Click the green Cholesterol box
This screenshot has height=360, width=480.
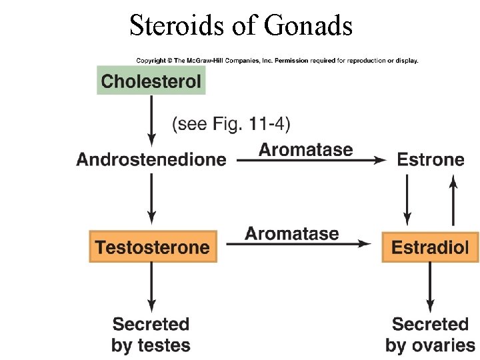click(x=151, y=81)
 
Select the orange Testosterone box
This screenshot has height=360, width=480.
click(x=153, y=247)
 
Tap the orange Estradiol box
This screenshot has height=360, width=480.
click(x=430, y=247)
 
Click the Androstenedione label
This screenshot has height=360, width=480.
click(x=151, y=159)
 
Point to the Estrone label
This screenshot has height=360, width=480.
click(x=430, y=159)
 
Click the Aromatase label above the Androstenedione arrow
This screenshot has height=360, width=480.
click(x=305, y=149)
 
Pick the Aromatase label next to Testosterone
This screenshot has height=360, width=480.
click(x=291, y=233)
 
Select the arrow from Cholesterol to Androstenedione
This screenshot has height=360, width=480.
click(x=152, y=120)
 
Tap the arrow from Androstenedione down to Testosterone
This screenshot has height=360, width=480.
click(x=152, y=198)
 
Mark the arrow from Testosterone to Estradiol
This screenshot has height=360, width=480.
click(x=298, y=245)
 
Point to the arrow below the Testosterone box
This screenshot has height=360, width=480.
click(x=152, y=287)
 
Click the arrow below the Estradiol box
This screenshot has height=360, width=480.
click(x=430, y=287)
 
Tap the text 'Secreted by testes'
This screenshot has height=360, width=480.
click(x=151, y=335)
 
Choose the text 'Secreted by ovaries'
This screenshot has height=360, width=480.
click(x=430, y=335)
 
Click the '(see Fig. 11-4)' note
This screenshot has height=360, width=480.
click(x=232, y=124)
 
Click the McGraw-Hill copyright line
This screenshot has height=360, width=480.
click(x=277, y=61)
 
